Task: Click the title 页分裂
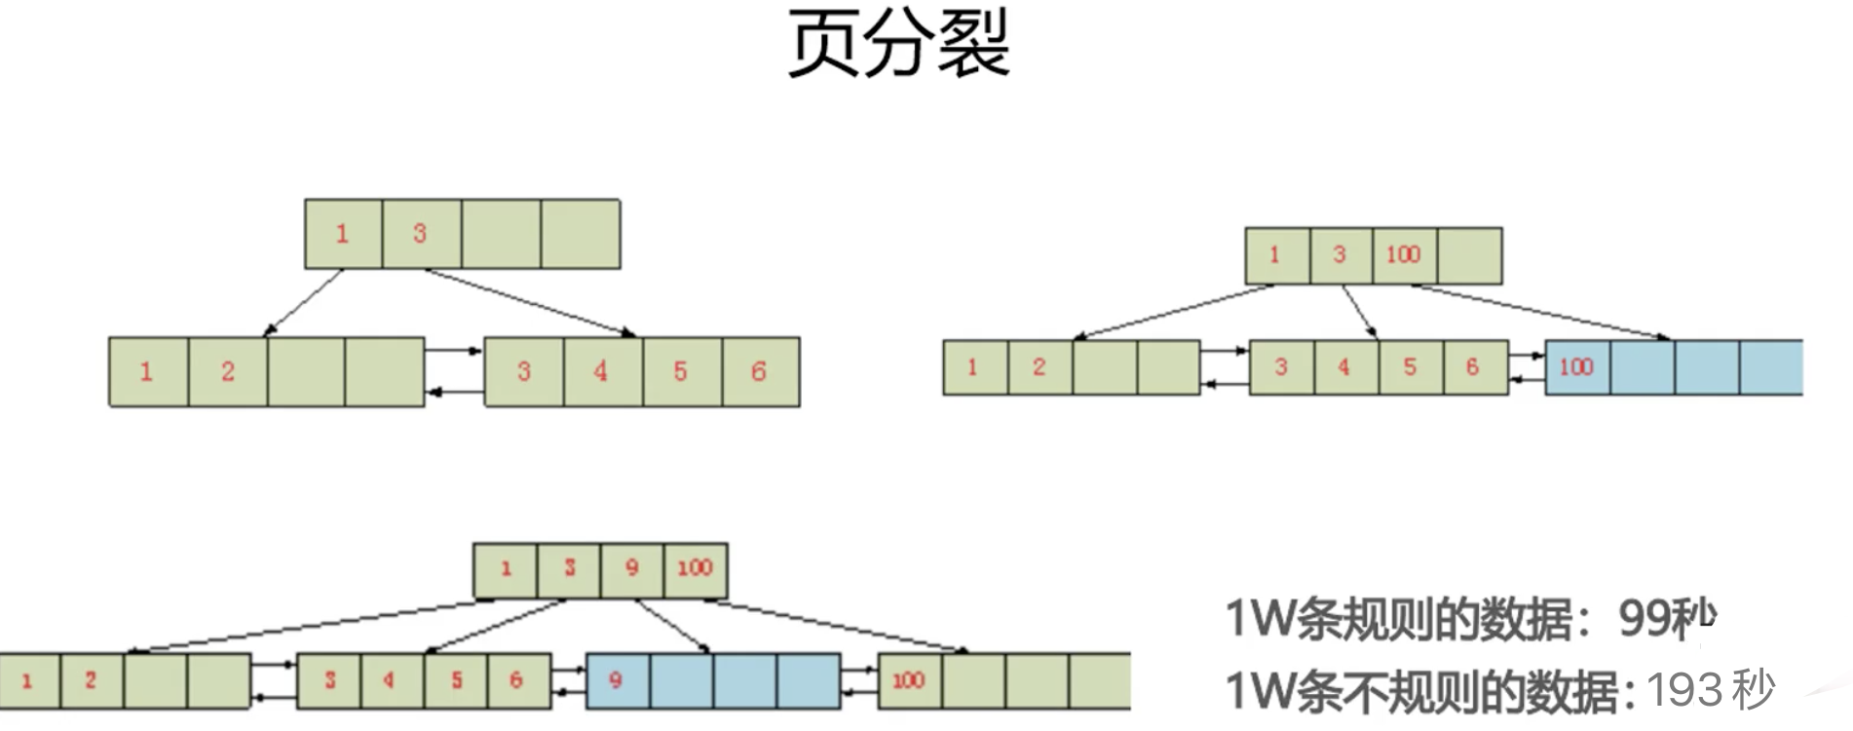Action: pos(898,44)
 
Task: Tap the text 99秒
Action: pos(1665,617)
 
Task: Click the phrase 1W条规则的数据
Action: pos(1399,618)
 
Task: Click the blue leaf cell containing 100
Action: pos(1576,367)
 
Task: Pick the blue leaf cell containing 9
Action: pos(617,680)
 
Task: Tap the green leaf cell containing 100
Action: pos(909,680)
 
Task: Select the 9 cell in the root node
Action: pos(631,569)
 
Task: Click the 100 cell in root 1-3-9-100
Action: pos(696,569)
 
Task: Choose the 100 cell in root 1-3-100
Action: pos(1403,255)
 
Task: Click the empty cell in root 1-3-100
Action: pos(1469,255)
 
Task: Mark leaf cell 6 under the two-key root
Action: pos(760,371)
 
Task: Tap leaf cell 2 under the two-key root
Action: pos(227,371)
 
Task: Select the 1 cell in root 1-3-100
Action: pos(1276,255)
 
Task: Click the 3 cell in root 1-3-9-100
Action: pos(569,569)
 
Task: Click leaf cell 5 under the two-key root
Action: pos(681,371)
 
